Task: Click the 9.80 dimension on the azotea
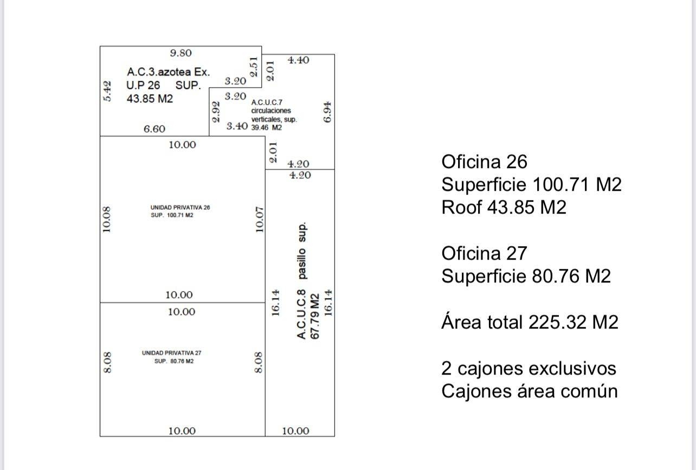pyautogui.click(x=181, y=53)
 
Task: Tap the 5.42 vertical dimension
pyautogui.click(x=107, y=91)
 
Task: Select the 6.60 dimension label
pyautogui.click(x=154, y=128)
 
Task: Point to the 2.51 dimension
pyautogui.click(x=254, y=67)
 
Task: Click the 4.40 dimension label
pyautogui.click(x=298, y=60)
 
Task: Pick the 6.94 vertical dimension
pyautogui.click(x=327, y=112)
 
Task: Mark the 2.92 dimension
pyautogui.click(x=216, y=112)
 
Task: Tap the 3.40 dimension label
pyautogui.click(x=237, y=126)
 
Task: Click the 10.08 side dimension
pyautogui.click(x=106, y=220)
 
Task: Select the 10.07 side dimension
pyautogui.click(x=259, y=220)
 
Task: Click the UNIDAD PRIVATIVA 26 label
pyautogui.click(x=180, y=207)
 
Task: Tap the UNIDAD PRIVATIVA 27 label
pyautogui.click(x=171, y=353)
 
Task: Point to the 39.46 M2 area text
pyautogui.click(x=267, y=128)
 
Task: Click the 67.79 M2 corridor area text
pyautogui.click(x=315, y=317)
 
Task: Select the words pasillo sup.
pyautogui.click(x=302, y=250)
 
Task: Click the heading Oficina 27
pyautogui.click(x=484, y=253)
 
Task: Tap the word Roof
pyautogui.click(x=461, y=207)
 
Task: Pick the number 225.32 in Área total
pyautogui.click(x=558, y=322)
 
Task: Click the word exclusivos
pyautogui.click(x=572, y=369)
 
